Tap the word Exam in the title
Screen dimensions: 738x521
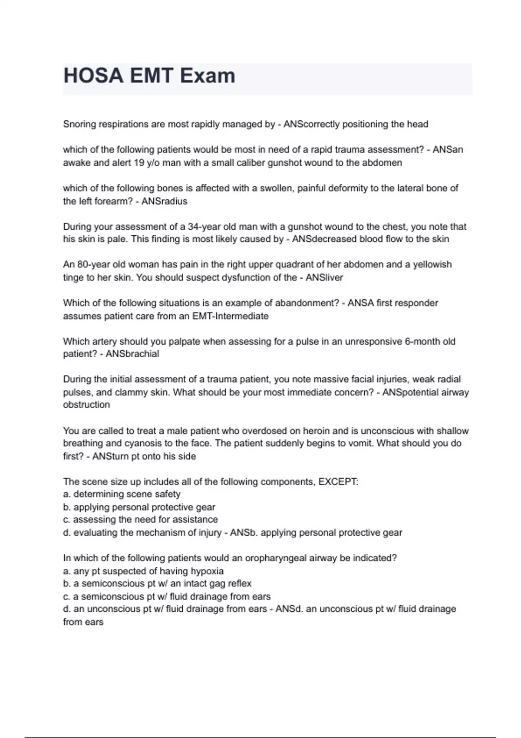tap(207, 76)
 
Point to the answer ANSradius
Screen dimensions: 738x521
tap(165, 201)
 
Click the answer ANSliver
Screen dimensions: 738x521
tap(324, 277)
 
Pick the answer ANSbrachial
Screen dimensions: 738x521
tap(132, 354)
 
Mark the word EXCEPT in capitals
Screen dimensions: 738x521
tap(338, 481)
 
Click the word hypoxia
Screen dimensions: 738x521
tap(207, 571)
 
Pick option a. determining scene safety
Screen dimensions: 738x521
tap(122, 494)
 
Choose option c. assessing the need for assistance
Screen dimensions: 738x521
tap(140, 520)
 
